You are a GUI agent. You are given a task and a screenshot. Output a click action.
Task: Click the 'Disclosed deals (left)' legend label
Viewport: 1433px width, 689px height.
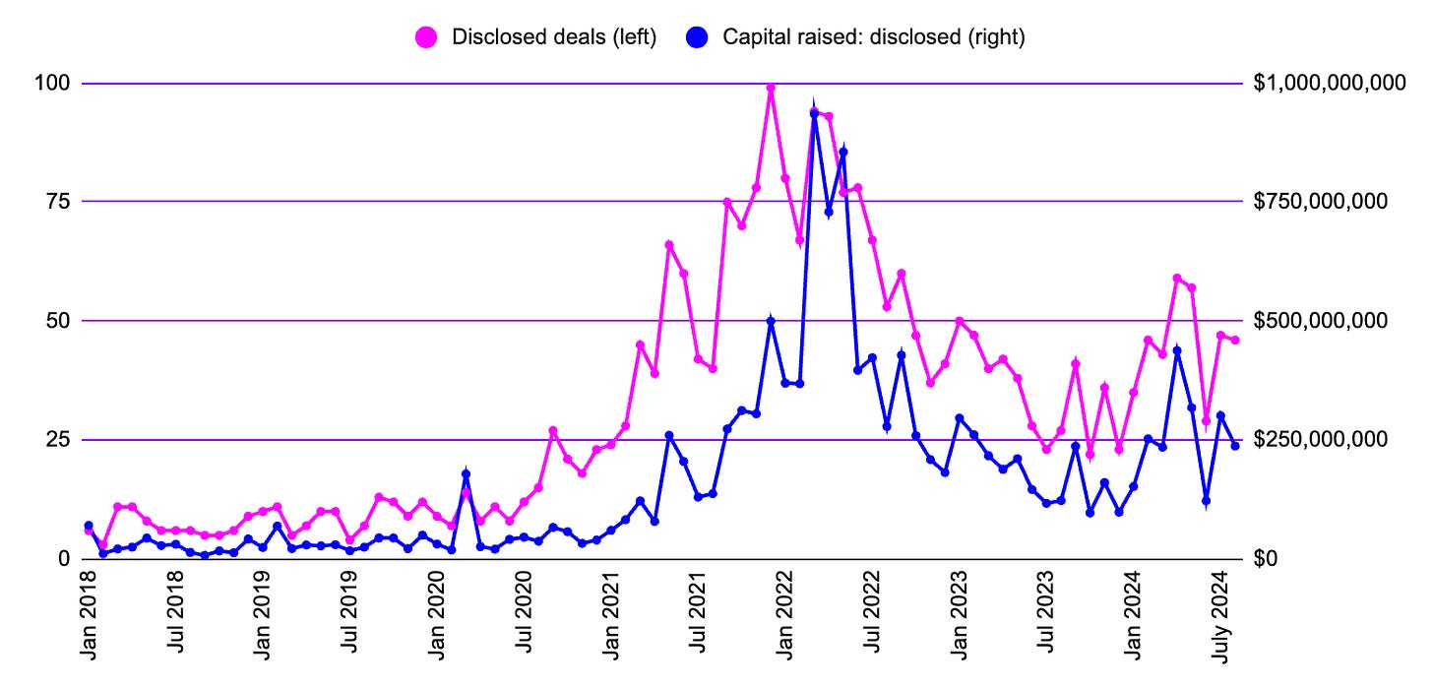pyautogui.click(x=553, y=37)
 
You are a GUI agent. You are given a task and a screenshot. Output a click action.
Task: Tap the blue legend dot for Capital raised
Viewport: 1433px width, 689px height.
pyautogui.click(x=697, y=37)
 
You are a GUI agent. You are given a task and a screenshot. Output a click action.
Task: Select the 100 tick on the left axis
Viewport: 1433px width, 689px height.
pyautogui.click(x=55, y=84)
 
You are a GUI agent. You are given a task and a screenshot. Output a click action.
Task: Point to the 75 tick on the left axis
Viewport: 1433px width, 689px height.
pyautogui.click(x=60, y=202)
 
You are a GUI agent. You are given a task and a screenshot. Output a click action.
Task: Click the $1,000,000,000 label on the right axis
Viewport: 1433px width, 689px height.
pyautogui.click(x=1329, y=84)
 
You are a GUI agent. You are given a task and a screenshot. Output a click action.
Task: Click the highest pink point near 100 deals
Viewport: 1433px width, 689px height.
pyautogui.click(x=771, y=88)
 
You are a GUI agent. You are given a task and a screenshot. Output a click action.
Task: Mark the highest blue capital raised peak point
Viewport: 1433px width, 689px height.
pyautogui.click(x=814, y=112)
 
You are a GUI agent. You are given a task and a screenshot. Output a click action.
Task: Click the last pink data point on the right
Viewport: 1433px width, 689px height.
pyautogui.click(x=1235, y=341)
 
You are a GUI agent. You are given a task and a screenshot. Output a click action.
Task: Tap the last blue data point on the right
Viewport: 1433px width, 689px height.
pyautogui.click(x=1235, y=446)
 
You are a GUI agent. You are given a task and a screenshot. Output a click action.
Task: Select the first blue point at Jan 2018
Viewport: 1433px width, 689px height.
pyautogui.click(x=89, y=526)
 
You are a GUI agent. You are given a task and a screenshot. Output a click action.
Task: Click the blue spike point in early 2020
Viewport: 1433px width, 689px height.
pyautogui.click(x=466, y=474)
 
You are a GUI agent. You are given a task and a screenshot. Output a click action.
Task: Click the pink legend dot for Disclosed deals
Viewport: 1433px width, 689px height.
pyautogui.click(x=426, y=37)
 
